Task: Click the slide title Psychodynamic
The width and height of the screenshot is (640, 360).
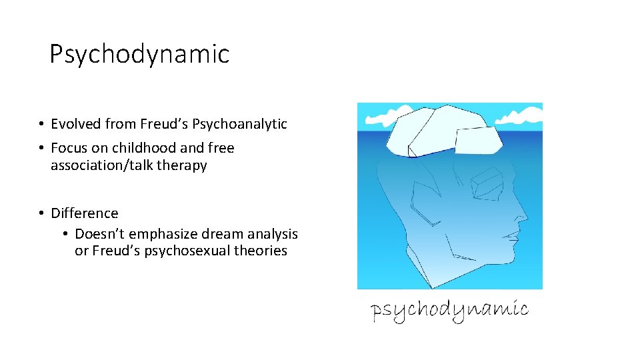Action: point(139,54)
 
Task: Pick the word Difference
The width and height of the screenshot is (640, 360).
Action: point(85,213)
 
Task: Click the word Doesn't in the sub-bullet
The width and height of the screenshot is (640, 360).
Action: point(101,234)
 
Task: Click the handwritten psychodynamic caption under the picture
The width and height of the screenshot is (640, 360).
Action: point(450,310)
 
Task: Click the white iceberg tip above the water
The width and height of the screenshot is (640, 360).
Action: point(440,130)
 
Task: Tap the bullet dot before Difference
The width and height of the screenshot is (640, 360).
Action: point(41,213)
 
